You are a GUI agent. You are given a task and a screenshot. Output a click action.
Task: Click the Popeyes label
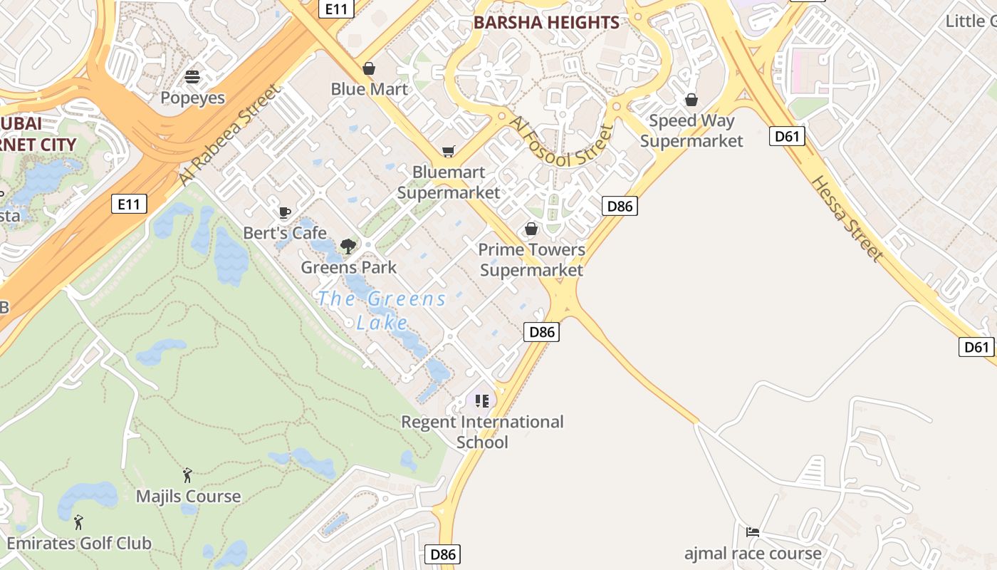pos(192,98)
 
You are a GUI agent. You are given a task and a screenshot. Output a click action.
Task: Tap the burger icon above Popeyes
pos(192,76)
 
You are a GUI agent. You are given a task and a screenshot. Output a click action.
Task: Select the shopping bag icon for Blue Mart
pos(369,68)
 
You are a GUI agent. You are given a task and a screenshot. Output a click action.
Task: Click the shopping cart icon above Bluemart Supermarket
pos(448,151)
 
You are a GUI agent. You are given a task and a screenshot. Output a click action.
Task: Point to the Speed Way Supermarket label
pos(691,130)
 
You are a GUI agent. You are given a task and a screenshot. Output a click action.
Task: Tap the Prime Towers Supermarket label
pos(531,259)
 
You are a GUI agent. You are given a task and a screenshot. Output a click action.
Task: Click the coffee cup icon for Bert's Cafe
pos(285,212)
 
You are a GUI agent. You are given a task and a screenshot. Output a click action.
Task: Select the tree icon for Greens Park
pos(348,247)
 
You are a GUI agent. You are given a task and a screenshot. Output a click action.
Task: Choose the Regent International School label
pos(482,432)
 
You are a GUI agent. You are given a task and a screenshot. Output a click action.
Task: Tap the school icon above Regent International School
pos(482,401)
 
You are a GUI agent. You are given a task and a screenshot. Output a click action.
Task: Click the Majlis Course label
pos(189,496)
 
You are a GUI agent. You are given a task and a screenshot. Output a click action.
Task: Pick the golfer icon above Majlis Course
pos(187,475)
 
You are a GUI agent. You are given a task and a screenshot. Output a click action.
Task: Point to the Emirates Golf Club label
pos(79,543)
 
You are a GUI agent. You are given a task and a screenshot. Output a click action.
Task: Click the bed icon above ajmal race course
pos(752,532)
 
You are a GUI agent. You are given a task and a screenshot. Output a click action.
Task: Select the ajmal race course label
pos(753,553)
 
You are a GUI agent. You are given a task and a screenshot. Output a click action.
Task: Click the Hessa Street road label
pos(846,218)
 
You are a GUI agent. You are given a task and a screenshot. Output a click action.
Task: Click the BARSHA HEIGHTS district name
pos(546,22)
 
